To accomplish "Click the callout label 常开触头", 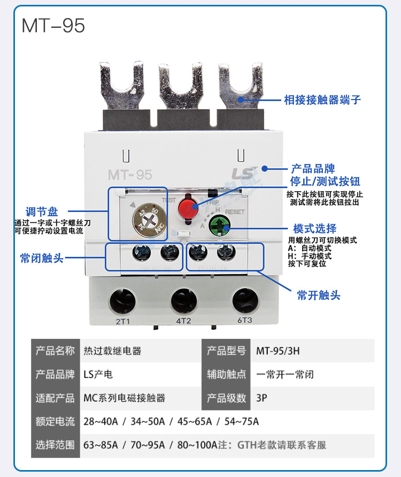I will [319, 294].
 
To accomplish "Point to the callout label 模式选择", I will [315, 229].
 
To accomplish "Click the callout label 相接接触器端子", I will [322, 100].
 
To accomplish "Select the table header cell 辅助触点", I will [226, 374].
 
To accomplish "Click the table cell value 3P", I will [262, 398].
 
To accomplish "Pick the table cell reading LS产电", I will [98, 374].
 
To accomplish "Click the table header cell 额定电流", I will [55, 421].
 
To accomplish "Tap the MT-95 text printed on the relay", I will [130, 175].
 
